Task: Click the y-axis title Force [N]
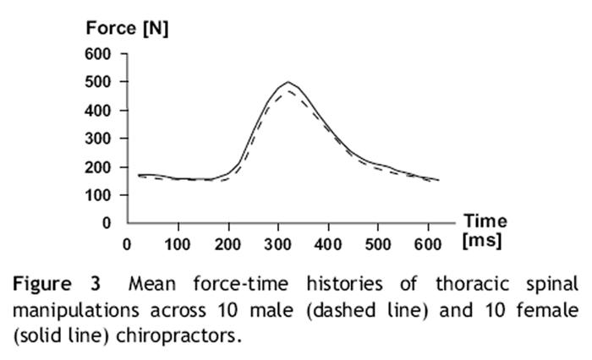(x=128, y=28)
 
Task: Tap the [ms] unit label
(x=483, y=240)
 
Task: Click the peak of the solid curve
(x=288, y=82)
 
